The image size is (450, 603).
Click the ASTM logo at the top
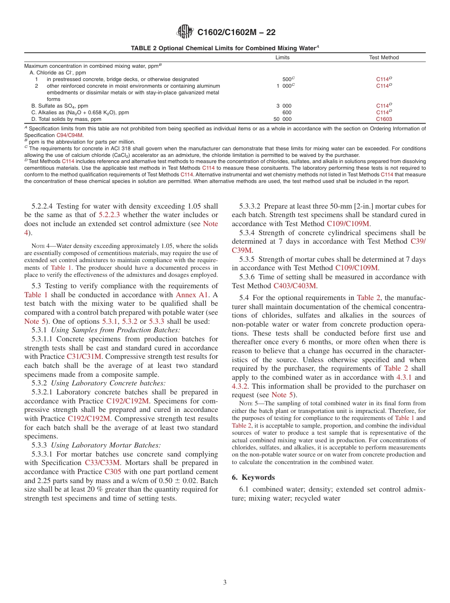click(x=185, y=32)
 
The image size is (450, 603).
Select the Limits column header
click(x=282, y=57)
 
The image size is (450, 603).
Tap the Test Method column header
click(x=384, y=57)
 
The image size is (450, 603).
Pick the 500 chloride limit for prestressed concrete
click(x=288, y=79)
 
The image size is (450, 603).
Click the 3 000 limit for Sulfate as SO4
click(x=284, y=106)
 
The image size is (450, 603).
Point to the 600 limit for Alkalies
click(x=287, y=112)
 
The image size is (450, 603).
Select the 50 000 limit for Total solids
click(x=283, y=119)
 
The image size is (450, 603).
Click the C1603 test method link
click(x=384, y=119)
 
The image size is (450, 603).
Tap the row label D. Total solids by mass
click(x=66, y=119)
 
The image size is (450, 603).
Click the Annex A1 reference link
click(x=192, y=294)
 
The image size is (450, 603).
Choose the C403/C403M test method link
click(x=295, y=285)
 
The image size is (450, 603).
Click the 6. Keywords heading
click(x=253, y=477)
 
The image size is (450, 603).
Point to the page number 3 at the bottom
click(x=225, y=582)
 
